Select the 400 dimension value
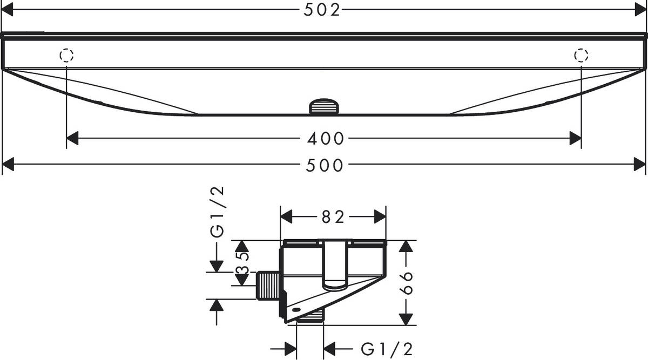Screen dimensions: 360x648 click(x=325, y=139)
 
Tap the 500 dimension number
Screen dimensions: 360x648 click(x=325, y=166)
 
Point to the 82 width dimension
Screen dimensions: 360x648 click(x=333, y=217)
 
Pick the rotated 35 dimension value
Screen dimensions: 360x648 click(x=244, y=263)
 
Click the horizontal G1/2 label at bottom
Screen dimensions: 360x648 click(x=386, y=349)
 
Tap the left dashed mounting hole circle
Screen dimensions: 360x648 click(x=66, y=55)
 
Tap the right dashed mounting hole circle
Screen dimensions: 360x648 click(x=581, y=55)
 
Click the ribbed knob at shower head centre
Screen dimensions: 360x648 click(x=324, y=106)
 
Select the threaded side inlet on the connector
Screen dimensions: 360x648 click(x=267, y=285)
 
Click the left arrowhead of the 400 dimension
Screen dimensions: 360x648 click(x=72, y=139)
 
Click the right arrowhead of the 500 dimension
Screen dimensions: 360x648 click(x=640, y=166)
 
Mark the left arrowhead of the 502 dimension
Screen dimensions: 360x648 click(x=8, y=10)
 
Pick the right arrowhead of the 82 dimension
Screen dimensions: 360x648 click(x=381, y=217)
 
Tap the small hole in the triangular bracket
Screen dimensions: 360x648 click(x=295, y=310)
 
